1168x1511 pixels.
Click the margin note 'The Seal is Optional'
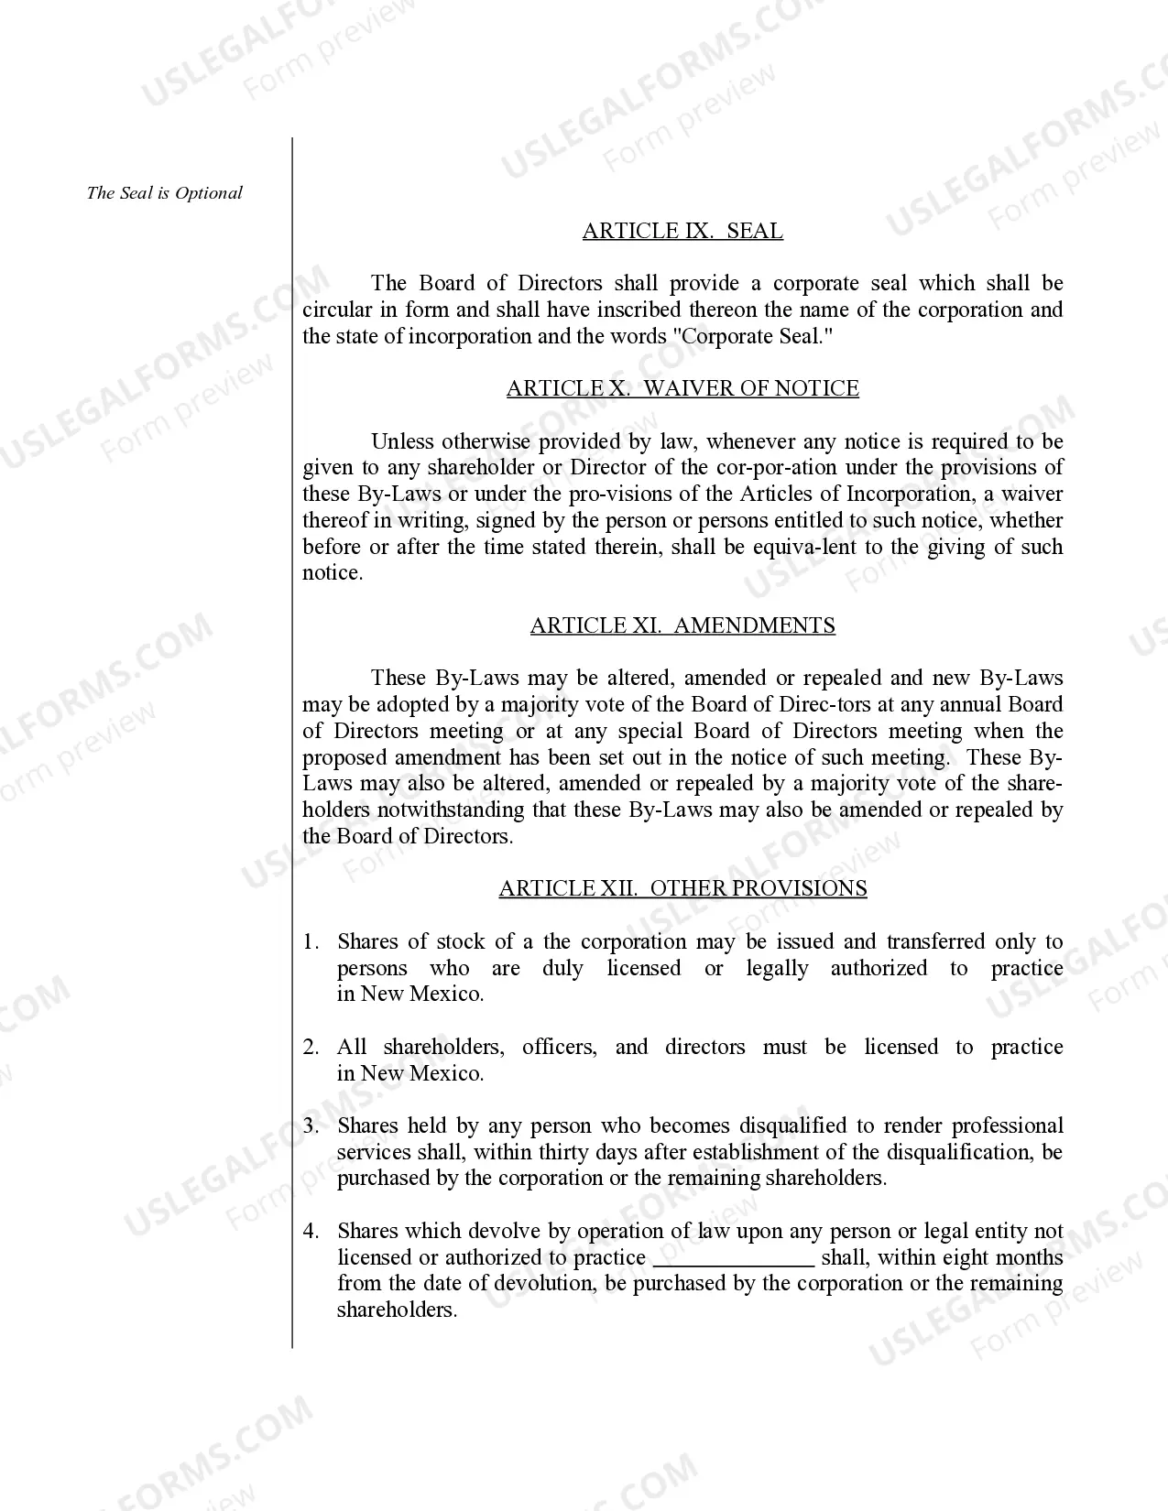coord(165,193)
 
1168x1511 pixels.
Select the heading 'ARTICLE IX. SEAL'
coord(682,231)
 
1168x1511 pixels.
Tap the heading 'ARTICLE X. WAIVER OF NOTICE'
coord(682,388)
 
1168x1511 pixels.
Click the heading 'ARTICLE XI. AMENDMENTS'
coord(682,625)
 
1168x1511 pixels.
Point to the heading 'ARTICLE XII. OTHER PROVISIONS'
coord(682,888)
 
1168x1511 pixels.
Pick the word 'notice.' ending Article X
coord(333,573)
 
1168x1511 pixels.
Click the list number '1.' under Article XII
coord(311,941)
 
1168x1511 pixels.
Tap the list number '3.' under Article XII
coord(311,1125)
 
